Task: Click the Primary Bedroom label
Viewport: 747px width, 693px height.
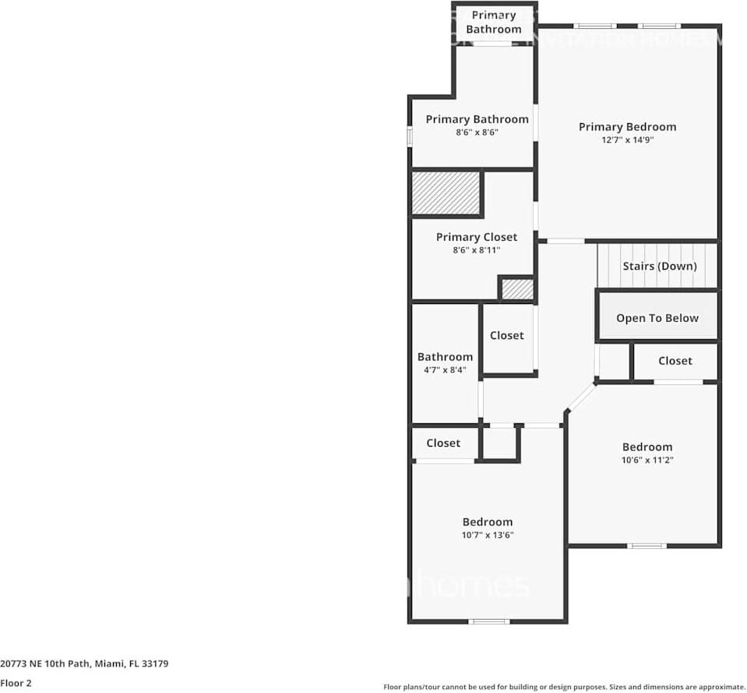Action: pyautogui.click(x=627, y=127)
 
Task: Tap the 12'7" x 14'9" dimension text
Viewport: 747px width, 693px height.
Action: pyautogui.click(x=627, y=140)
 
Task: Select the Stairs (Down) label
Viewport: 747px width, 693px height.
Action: pyautogui.click(x=659, y=267)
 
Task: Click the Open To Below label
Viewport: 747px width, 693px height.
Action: pyautogui.click(x=657, y=318)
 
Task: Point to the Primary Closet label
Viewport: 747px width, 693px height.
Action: pyautogui.click(x=476, y=238)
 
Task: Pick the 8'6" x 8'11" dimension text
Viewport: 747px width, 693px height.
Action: pyautogui.click(x=476, y=250)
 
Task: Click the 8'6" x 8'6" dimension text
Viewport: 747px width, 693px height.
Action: pyautogui.click(x=477, y=133)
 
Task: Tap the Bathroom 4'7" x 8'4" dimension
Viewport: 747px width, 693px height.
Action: pyautogui.click(x=445, y=370)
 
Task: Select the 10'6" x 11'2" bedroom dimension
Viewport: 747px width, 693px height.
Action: pyautogui.click(x=647, y=460)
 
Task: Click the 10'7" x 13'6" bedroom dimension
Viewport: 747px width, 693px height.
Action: pyautogui.click(x=488, y=535)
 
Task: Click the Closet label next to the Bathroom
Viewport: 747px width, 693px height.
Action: pyautogui.click(x=506, y=336)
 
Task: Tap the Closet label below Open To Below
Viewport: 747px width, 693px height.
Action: pyautogui.click(x=675, y=361)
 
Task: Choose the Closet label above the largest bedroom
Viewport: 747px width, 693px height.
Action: pyautogui.click(x=443, y=443)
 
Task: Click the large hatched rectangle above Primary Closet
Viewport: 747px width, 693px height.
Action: pyautogui.click(x=446, y=193)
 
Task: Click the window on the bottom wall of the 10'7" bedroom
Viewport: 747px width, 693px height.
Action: pyautogui.click(x=489, y=621)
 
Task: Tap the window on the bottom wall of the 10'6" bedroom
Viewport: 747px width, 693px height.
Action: pyautogui.click(x=647, y=546)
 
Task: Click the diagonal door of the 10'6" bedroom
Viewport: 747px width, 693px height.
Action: pyautogui.click(x=581, y=397)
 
